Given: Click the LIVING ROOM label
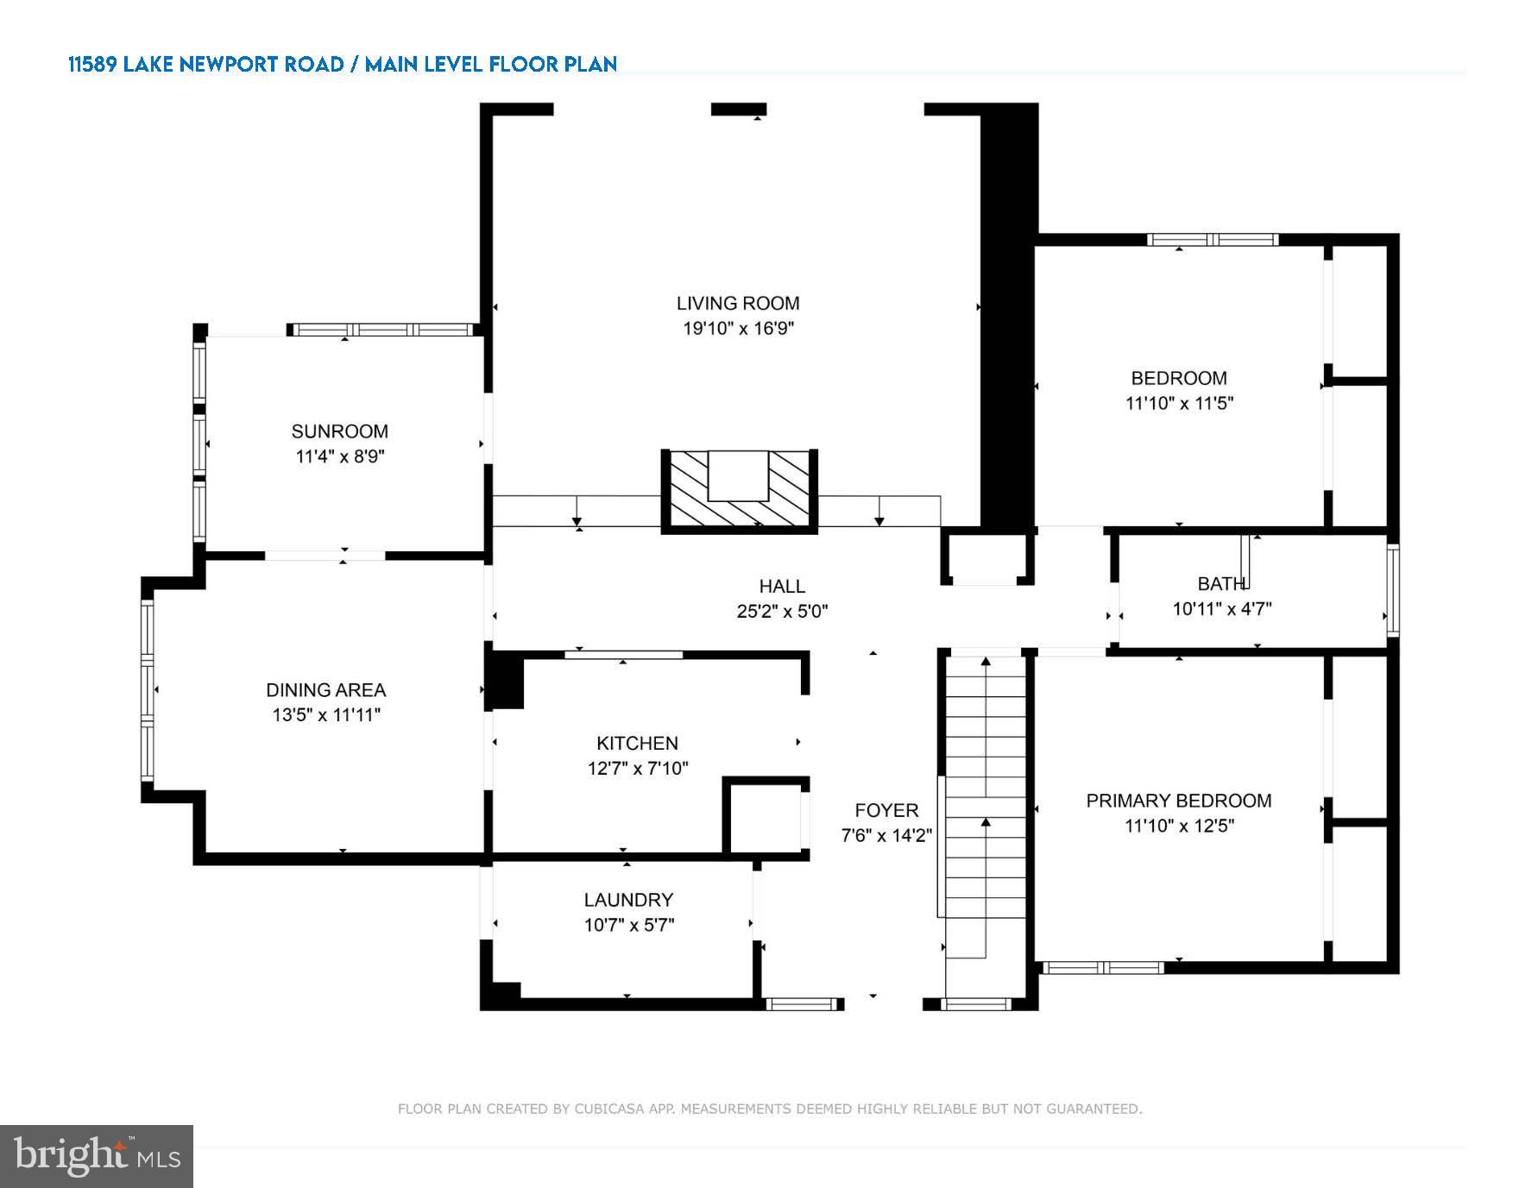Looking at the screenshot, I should pos(737,303).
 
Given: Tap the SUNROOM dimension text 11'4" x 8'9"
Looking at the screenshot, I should pos(339,456).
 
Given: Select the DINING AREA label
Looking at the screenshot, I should pos(325,690).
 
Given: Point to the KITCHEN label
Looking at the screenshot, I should pos(637,744).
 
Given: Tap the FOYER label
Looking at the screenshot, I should pos(886,811).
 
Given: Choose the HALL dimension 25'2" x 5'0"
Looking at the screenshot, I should pos(782,612).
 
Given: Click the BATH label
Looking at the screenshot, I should pos(1221,584).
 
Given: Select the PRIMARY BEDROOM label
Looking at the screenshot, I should pos(1178,801).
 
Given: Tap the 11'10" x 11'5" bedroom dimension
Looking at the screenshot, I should pos(1179,403).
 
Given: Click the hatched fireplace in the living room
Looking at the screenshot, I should pos(739,490).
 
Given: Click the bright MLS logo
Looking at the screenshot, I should pos(97,1156).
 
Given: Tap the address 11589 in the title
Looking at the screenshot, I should pos(92,65).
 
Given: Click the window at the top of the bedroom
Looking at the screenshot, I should pos(1212,240).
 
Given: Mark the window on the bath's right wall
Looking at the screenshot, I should pos(1392,591).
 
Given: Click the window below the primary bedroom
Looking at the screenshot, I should pos(1102,968).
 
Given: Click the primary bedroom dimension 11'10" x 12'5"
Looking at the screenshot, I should pos(1179,826).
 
